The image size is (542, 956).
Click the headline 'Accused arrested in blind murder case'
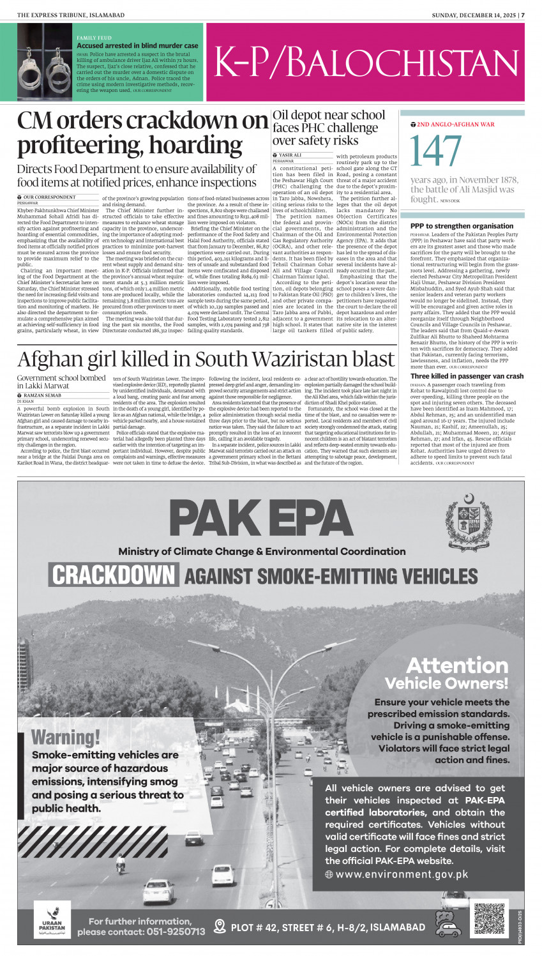[x=137, y=46]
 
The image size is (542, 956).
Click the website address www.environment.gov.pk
[x=402, y=874]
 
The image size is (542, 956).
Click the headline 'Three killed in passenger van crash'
[x=467, y=376]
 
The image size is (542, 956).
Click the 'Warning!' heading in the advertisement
[x=66, y=737]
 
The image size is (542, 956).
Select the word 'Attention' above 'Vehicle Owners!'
[x=457, y=665]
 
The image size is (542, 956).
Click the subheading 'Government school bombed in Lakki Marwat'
[x=61, y=382]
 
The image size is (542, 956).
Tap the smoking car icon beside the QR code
[x=448, y=923]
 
